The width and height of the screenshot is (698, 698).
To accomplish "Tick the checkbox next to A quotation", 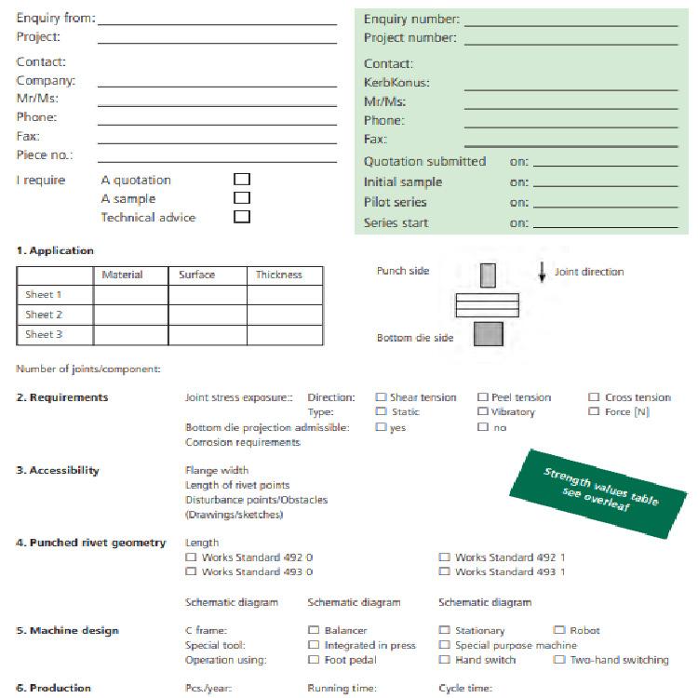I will click(242, 179).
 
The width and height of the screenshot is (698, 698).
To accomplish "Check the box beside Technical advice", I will click(242, 217).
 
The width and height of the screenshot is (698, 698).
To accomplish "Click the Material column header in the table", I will click(122, 275).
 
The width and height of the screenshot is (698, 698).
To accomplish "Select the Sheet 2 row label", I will click(44, 315).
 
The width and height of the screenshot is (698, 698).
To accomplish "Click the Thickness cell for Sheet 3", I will click(285, 334).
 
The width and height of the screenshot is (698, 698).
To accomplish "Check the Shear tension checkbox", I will click(381, 397).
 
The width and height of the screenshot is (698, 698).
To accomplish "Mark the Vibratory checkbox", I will click(483, 411).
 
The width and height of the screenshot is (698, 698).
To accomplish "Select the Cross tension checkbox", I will click(594, 397).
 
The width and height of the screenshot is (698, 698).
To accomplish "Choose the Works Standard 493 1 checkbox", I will click(445, 571).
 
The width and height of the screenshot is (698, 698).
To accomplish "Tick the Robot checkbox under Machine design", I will click(559, 630).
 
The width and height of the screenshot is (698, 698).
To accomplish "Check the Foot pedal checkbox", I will click(314, 660).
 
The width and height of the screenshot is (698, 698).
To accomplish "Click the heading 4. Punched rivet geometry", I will click(90, 543).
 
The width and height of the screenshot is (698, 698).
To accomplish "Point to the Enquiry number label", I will click(411, 20).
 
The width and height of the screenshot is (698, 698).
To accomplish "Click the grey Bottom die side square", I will click(488, 333).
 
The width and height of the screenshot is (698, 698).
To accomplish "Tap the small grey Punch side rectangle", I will click(488, 275).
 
